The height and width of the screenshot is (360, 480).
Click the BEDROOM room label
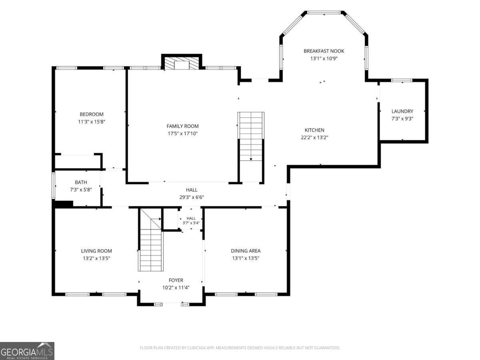pyautogui.click(x=92, y=114)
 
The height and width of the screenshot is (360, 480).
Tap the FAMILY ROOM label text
pyautogui.click(x=182, y=126)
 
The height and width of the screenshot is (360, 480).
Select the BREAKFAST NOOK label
pyautogui.click(x=324, y=51)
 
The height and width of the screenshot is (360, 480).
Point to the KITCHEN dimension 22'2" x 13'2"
pyautogui.click(x=314, y=138)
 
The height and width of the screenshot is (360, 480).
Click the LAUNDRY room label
pyautogui.click(x=402, y=111)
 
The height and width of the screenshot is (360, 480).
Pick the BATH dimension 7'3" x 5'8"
pyautogui.click(x=81, y=190)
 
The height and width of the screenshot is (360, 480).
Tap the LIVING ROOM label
pyautogui.click(x=96, y=251)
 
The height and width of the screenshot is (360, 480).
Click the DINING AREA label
pyautogui.click(x=246, y=251)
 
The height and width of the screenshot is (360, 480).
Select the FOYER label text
pyautogui.click(x=176, y=280)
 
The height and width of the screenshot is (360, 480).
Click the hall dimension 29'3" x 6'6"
pyautogui.click(x=192, y=197)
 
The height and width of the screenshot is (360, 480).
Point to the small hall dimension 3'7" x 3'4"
pyautogui.click(x=191, y=223)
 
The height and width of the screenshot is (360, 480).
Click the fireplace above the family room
pyautogui.click(x=182, y=63)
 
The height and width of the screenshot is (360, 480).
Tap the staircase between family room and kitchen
pyautogui.click(x=251, y=148)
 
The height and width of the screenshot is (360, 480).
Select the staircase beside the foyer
pyautogui.click(x=151, y=240)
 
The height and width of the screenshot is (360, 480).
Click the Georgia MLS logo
pyautogui.click(x=27, y=351)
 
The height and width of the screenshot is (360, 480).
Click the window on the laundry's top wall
pyautogui.click(x=402, y=80)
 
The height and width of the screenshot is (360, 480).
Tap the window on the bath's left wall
pyautogui.click(x=53, y=186)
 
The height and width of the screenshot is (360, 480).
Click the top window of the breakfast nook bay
pyautogui.click(x=324, y=12)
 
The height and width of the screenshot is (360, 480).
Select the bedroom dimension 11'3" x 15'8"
pyautogui.click(x=92, y=122)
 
